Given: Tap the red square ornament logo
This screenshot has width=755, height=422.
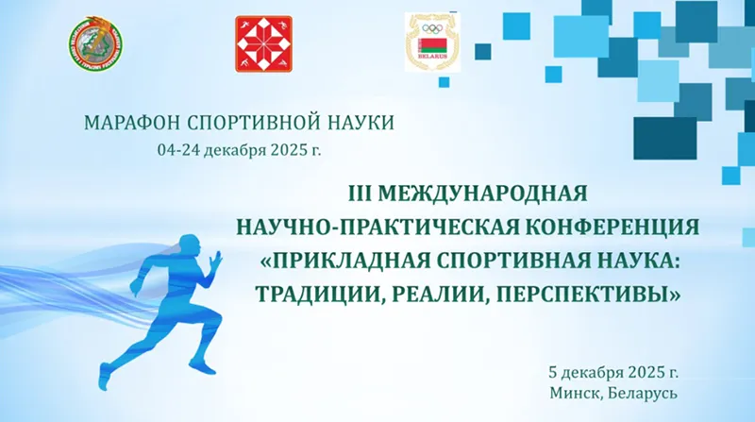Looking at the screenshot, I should (263, 43).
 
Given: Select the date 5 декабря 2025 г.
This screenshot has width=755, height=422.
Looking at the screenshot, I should (612, 370).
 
